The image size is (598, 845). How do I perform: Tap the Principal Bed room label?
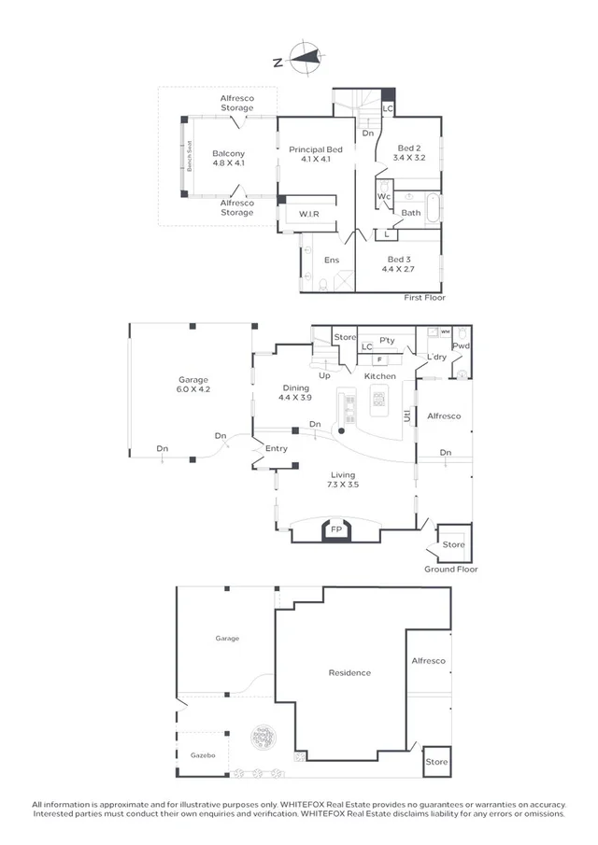[x=316, y=154]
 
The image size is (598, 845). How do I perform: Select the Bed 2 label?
[x=410, y=153]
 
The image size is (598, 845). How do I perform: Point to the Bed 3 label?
[x=397, y=263]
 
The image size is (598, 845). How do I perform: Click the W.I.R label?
[x=310, y=214]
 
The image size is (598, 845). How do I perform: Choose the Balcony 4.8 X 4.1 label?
[x=228, y=158]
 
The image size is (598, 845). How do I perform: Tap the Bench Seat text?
[x=189, y=156]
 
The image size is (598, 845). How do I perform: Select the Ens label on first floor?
[x=332, y=261]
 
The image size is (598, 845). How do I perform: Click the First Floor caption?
[x=424, y=298]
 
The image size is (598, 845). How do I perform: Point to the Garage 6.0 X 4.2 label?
[x=194, y=385]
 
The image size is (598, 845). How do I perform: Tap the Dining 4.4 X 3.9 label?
[x=295, y=392]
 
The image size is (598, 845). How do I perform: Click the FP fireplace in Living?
[x=336, y=530]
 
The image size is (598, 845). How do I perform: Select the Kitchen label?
[x=380, y=375]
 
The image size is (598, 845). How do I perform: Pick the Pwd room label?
[x=461, y=346]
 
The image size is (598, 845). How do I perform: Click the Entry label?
[x=277, y=449]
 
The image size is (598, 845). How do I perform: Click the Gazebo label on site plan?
[x=203, y=753]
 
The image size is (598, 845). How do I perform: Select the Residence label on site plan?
[x=349, y=672]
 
